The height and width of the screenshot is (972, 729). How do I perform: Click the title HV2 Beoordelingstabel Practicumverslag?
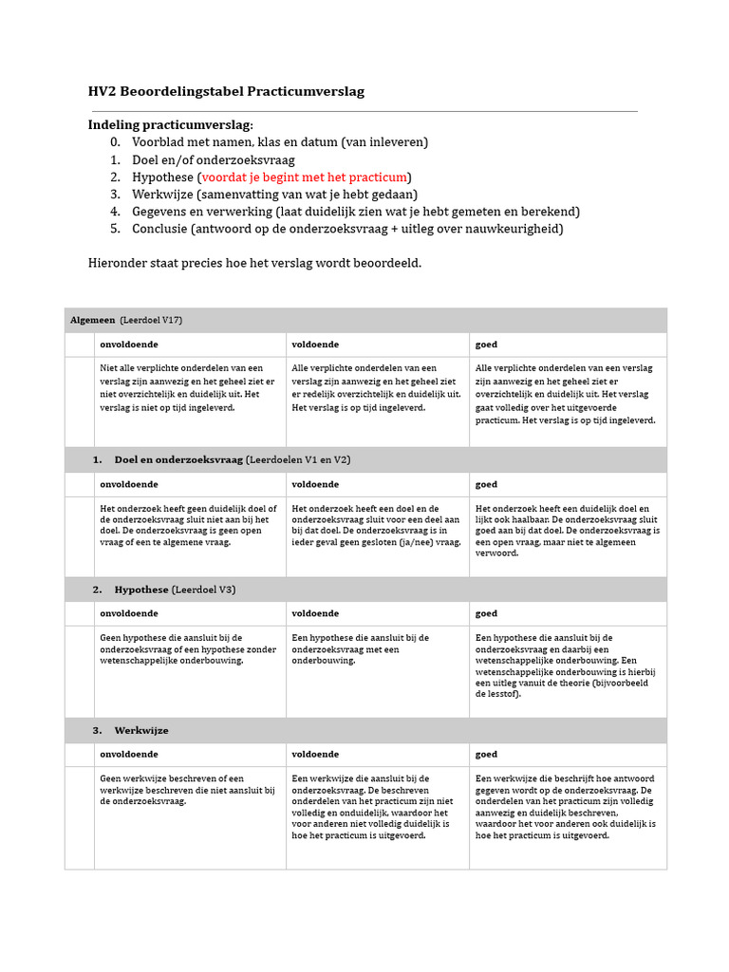tap(226, 91)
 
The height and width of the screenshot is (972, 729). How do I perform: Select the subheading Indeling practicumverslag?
tap(171, 125)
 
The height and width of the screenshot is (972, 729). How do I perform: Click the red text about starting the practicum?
tap(305, 177)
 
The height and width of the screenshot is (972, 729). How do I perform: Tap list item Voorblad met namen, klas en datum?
tap(280, 142)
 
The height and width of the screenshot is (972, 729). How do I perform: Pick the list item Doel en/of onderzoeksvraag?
tap(214, 159)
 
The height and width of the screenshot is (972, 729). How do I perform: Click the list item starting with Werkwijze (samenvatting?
tap(275, 194)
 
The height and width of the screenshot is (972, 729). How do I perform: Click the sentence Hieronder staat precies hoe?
tap(254, 262)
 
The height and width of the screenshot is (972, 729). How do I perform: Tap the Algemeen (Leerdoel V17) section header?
tap(126, 320)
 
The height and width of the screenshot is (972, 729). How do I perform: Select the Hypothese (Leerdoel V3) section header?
tap(175, 589)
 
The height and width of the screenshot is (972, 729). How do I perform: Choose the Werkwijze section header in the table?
tap(141, 730)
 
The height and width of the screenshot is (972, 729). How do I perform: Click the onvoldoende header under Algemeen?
tap(129, 345)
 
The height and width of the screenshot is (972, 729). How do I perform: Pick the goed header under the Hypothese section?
tap(486, 614)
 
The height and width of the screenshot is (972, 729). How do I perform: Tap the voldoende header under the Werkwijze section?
tap(315, 755)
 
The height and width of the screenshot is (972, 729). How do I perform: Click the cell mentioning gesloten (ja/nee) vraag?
tap(376, 525)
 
